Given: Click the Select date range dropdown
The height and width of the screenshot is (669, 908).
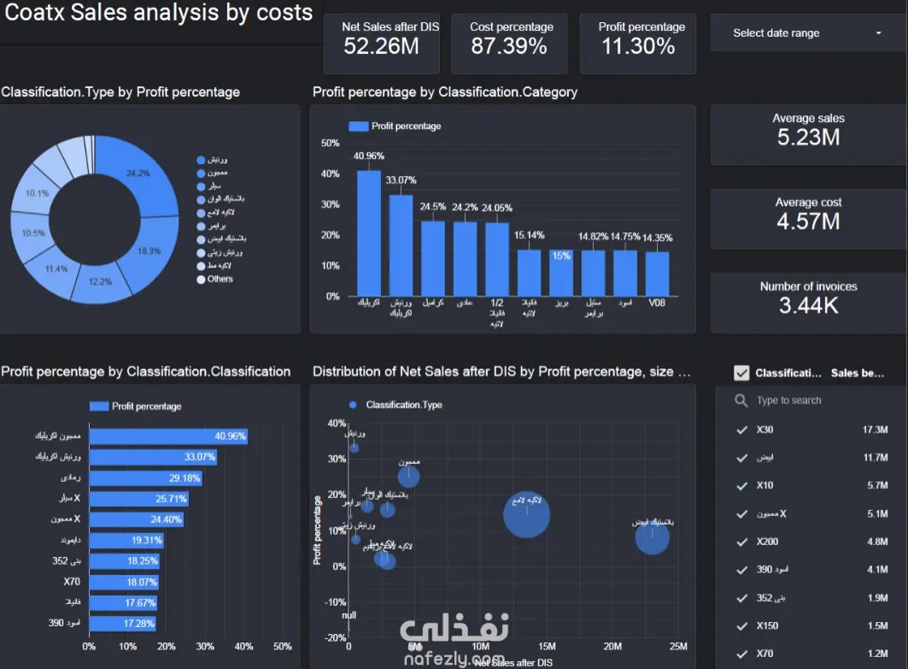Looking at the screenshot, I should pos(807,33).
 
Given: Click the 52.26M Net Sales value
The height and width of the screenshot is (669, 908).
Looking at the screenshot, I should pos(381,46).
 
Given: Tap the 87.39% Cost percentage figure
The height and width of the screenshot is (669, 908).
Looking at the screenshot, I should pos(509,46).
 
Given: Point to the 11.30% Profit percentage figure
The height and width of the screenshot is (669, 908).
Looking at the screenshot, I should pos(638,46).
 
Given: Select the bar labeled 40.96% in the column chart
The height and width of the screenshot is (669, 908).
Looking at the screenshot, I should pos(369,233).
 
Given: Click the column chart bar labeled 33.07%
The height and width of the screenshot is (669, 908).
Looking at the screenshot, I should pos(401,245).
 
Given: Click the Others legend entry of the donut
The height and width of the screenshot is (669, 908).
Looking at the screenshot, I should pos(220,279).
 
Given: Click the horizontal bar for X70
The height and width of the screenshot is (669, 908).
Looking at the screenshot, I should pos(124,582).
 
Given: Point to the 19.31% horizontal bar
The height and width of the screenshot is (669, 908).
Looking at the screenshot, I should pos(126,540).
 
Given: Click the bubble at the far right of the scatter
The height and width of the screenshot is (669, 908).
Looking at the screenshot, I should pos(652,538).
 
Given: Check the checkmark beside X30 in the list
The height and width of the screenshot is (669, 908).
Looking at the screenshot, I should pos(741,430).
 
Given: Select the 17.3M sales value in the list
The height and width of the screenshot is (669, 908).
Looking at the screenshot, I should pos(875,430).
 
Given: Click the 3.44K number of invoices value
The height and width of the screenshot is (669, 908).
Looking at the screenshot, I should pos(808,305).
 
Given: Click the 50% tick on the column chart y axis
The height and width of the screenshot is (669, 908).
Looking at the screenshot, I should pos(330,143).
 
